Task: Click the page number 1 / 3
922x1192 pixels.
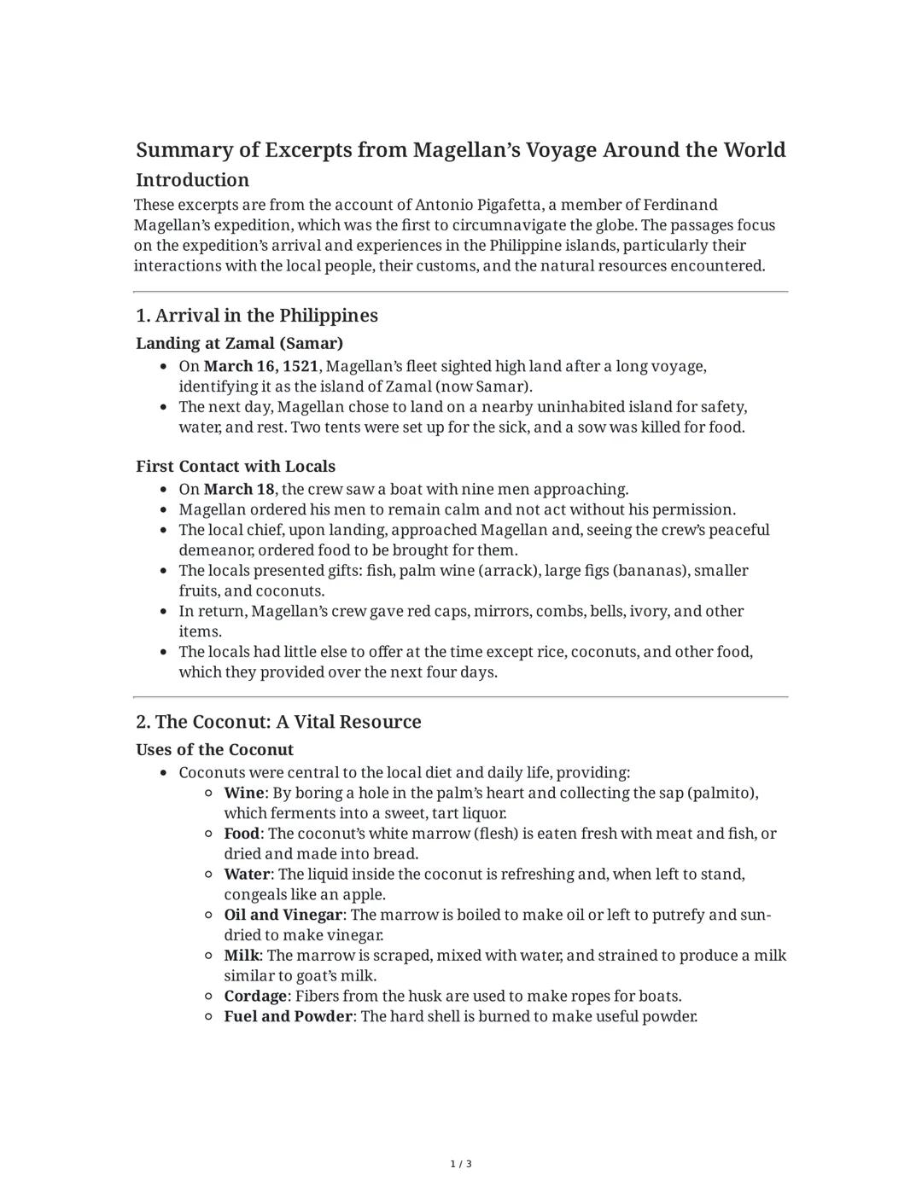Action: (x=461, y=1164)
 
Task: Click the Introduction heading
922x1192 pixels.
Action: (x=192, y=180)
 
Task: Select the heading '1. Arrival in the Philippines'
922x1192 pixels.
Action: (x=256, y=316)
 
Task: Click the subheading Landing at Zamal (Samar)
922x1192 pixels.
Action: (x=239, y=343)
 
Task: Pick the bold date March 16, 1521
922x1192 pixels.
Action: (x=260, y=366)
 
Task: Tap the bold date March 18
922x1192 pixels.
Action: (x=239, y=489)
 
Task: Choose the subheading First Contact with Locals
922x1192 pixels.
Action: (x=236, y=466)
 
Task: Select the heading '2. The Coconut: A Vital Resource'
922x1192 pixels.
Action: (x=278, y=722)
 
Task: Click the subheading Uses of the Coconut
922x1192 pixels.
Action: (x=214, y=749)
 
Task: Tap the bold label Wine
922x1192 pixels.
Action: (x=243, y=793)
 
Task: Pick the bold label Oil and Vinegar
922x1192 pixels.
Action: (x=283, y=915)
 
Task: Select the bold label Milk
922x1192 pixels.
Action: (x=241, y=956)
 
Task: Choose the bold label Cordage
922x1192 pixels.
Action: (x=255, y=996)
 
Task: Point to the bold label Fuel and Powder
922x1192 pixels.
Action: (x=288, y=1016)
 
